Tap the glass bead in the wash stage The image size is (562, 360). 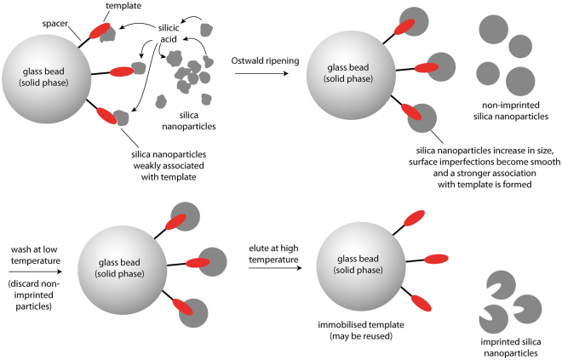[x=120, y=263]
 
